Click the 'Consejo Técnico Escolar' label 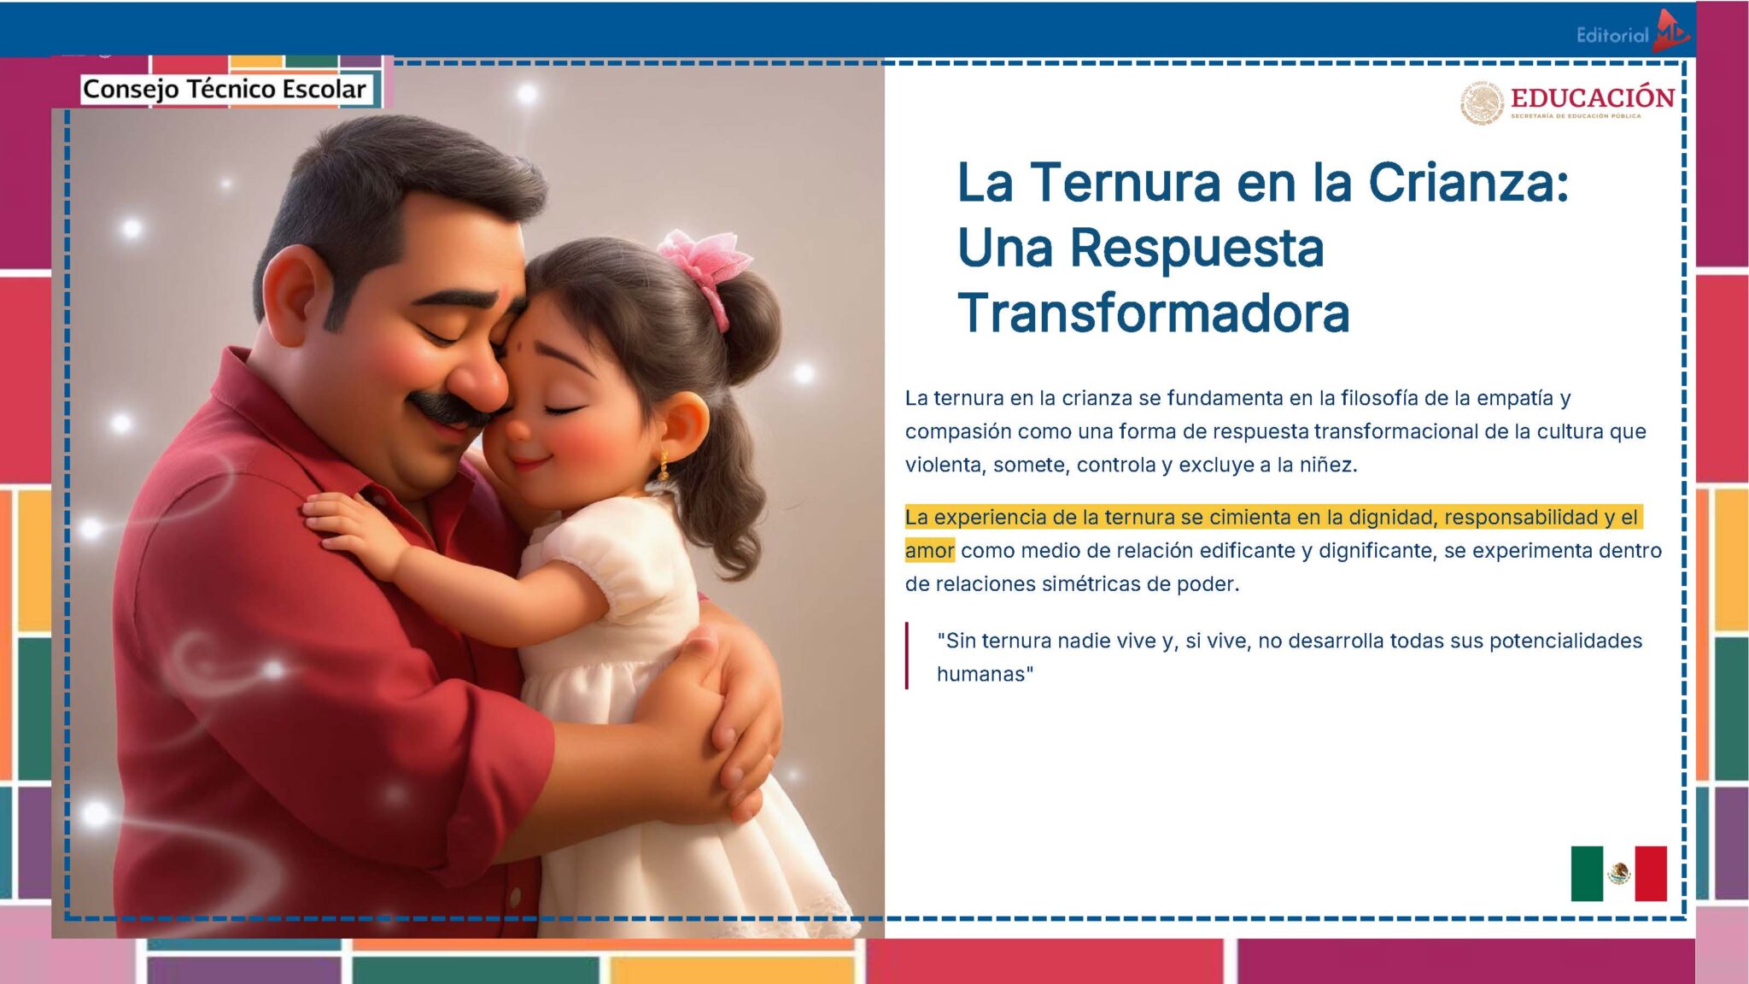(224, 89)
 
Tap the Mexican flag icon (1618, 873)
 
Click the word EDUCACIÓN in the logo (1592, 97)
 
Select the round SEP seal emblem (1482, 103)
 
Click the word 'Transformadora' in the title (1153, 313)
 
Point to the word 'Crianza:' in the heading (1468, 183)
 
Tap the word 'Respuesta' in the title (1196, 249)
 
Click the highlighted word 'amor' (929, 551)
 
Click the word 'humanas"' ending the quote (985, 675)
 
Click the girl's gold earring (663, 466)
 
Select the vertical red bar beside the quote (907, 656)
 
